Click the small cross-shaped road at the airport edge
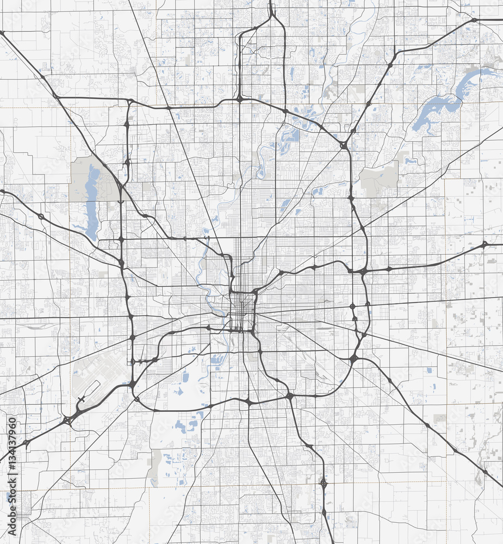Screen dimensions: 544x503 pyautogui.click(x=82, y=401)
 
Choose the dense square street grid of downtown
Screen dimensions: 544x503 pyautogui.click(x=243, y=312)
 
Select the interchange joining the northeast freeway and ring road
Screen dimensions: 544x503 pyautogui.click(x=344, y=145)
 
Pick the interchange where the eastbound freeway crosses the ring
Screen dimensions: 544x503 pyautogui.click(x=362, y=270)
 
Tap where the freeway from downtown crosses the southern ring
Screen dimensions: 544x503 pyautogui.click(x=248, y=403)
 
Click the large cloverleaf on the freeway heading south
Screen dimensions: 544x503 pyautogui.click(x=324, y=483)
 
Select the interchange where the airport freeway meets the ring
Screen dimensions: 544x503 pyautogui.click(x=132, y=385)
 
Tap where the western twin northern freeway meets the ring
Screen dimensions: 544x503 pyautogui.click(x=239, y=99)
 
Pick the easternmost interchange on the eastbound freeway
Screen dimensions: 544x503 pyautogui.click(x=485, y=244)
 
